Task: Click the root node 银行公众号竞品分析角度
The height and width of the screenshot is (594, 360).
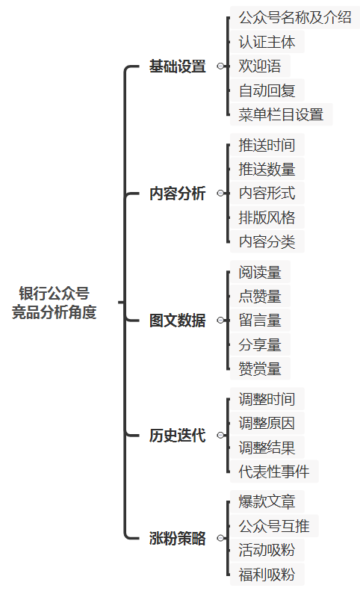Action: point(54,303)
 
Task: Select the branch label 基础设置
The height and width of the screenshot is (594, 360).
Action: point(177,66)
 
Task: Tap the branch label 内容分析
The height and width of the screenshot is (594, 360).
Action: point(177,194)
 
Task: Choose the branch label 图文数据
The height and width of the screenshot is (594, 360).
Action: point(177,321)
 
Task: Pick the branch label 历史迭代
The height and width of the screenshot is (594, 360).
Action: point(177,436)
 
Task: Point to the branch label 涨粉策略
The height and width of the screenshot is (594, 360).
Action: point(177,538)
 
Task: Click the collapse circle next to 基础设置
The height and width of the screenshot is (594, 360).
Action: point(220,66)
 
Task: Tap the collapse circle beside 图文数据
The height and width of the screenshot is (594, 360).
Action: point(220,321)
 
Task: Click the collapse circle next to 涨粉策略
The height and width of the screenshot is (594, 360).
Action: point(220,538)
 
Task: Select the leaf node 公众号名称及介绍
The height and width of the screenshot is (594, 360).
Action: point(295,17)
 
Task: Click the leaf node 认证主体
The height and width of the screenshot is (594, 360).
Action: point(267,42)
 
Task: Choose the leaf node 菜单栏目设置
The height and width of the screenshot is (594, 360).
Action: point(282,114)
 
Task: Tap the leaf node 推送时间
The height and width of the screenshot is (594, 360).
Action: point(267,145)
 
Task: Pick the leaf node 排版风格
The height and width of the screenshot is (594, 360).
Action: point(267,217)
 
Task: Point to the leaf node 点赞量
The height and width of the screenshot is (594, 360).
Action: point(260,296)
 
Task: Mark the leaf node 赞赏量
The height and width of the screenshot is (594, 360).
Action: point(260,369)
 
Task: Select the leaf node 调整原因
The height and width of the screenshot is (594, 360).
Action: point(267,423)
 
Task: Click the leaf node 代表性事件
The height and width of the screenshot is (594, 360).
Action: point(274,471)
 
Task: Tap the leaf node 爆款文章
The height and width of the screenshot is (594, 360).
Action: point(267,502)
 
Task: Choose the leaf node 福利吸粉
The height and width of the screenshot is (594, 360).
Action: point(267,575)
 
